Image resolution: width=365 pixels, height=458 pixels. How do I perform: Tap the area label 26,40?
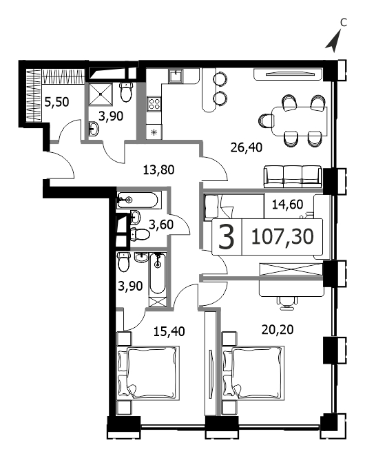246,147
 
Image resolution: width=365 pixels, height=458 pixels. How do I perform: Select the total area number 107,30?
282,237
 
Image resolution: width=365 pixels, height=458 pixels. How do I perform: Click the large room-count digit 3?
227,237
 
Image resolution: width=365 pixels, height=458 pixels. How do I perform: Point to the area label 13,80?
158,169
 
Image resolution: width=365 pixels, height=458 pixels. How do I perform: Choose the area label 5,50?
56,102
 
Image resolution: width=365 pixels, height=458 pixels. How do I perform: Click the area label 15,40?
169,331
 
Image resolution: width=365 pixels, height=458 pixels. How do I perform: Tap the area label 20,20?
278,330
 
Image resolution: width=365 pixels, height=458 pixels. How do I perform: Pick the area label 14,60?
287,205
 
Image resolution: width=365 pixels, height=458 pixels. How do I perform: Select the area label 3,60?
161,225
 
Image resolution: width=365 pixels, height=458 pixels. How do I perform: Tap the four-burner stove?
154,104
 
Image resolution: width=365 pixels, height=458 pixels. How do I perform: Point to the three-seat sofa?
293,177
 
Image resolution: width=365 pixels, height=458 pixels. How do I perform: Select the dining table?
299,121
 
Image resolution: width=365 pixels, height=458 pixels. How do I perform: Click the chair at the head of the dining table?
265,121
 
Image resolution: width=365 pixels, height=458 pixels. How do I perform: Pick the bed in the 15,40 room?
148,373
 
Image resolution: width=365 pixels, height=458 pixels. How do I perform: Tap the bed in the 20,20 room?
253,373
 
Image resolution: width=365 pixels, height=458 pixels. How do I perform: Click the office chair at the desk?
288,302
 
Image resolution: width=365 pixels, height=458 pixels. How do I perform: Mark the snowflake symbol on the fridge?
154,132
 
